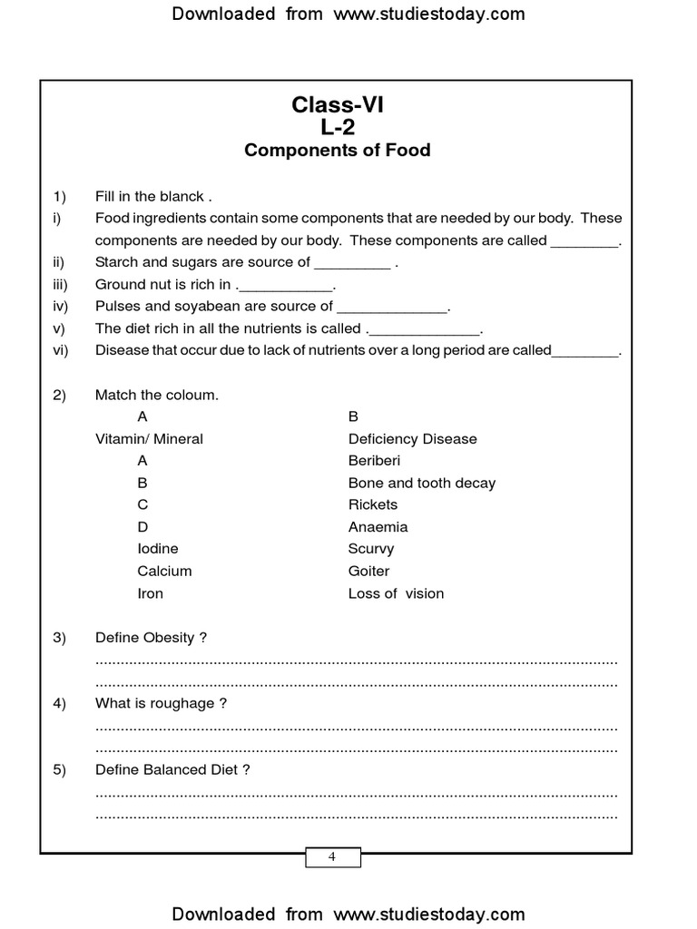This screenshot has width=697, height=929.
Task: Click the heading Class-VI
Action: (338, 105)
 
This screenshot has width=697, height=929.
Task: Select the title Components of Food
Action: (338, 151)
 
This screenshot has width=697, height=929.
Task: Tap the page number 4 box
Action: (332, 857)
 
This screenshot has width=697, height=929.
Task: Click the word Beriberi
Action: (374, 461)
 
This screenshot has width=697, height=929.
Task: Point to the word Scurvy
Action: (371, 549)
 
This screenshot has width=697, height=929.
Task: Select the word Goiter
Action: (368, 572)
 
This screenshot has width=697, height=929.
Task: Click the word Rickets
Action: (373, 504)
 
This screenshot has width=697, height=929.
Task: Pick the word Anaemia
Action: (378, 527)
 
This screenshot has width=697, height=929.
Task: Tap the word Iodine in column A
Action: (158, 549)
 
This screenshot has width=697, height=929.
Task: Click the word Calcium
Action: (164, 572)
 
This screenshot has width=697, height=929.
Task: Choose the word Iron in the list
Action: (151, 593)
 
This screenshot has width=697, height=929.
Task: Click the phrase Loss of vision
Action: (396, 593)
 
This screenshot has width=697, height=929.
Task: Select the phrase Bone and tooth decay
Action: (422, 483)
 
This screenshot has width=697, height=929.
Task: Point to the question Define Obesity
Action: (151, 638)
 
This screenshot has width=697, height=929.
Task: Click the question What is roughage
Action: (161, 704)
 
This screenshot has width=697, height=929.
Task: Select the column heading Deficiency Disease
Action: (412, 439)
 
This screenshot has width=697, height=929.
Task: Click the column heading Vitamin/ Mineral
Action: (149, 439)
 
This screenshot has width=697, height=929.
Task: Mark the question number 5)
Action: (60, 770)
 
